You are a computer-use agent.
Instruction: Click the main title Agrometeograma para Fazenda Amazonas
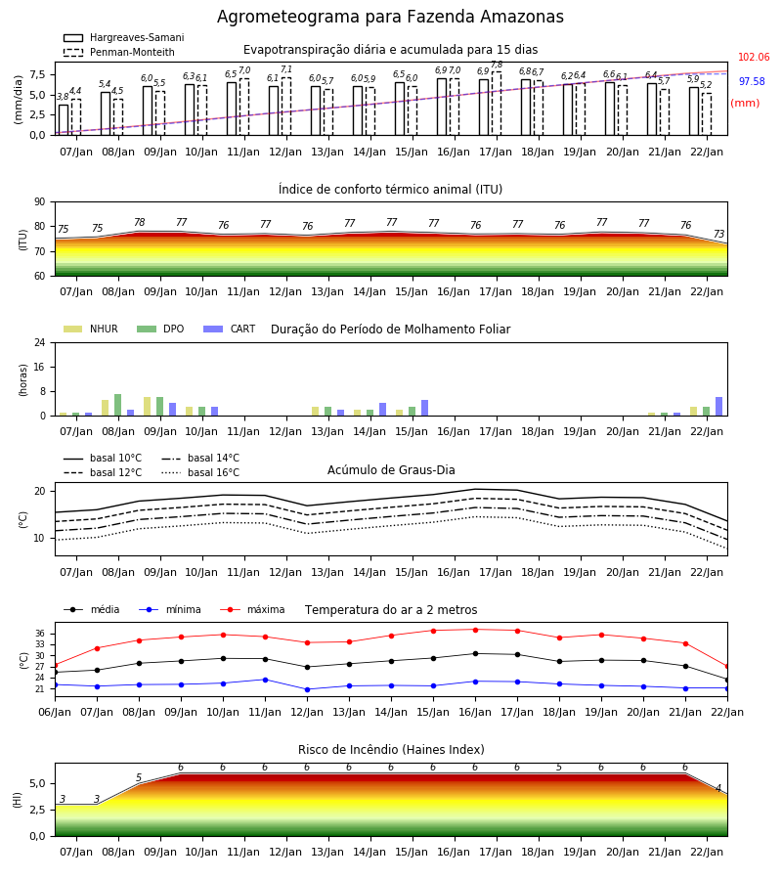coord(390,17)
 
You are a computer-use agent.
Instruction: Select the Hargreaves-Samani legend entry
coord(123,37)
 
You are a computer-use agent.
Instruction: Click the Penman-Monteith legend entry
coord(119,52)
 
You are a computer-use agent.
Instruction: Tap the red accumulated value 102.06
coord(754,58)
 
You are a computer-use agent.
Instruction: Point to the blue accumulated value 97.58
coord(752,81)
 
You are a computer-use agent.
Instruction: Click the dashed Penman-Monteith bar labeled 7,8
coord(497,104)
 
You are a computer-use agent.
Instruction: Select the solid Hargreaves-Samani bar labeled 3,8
coord(64,120)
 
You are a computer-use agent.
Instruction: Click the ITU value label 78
coord(140,222)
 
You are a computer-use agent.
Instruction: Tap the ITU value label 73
coord(718,234)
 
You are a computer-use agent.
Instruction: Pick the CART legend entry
coord(230,329)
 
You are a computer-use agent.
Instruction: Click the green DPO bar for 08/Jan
coord(118,405)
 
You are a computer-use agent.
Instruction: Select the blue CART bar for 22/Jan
coord(718,407)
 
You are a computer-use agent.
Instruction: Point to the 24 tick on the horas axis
coord(40,343)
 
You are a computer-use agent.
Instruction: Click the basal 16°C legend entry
coord(200,472)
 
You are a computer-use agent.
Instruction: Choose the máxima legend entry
coord(252,609)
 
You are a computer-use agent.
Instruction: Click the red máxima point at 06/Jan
coord(55,665)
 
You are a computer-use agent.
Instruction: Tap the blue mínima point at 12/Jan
coord(307,689)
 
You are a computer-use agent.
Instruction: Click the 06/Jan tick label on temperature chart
coord(55,712)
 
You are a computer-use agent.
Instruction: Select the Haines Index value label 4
coord(718,788)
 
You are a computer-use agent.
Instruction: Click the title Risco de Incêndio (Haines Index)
coord(391,750)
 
